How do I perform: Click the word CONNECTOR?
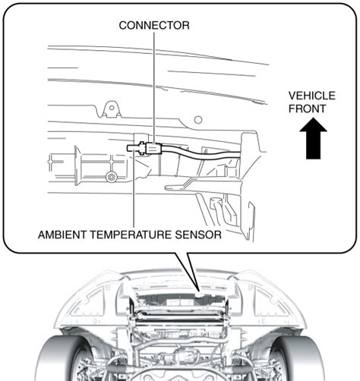pos(154,26)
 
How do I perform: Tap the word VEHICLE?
pos(312,96)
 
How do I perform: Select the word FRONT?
pos(307,109)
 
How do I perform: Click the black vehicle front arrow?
pos(313,138)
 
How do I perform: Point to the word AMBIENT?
pos(62,235)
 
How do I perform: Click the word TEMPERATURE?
pos(131,235)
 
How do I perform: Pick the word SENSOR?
pos(198,235)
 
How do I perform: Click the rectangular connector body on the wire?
pos(153,149)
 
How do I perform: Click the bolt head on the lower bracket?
pos(111,177)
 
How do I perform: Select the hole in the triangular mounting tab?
pos(112,108)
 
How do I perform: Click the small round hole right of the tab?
pos(198,120)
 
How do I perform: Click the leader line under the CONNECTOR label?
pos(154,87)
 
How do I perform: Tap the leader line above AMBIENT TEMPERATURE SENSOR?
pos(134,189)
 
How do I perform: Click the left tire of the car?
pos(63,359)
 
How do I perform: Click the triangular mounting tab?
pos(112,109)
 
